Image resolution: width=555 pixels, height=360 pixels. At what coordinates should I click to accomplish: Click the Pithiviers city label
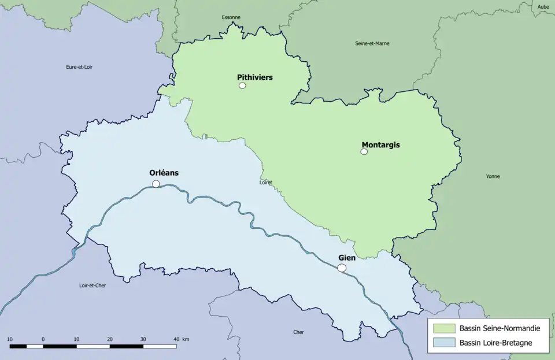coord(254,77)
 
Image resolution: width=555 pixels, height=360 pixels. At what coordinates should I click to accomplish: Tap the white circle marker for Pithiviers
coord(242,86)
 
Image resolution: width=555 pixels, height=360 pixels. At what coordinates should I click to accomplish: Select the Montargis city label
coord(380,144)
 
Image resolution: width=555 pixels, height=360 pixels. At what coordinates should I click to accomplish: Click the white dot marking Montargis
coord(364,151)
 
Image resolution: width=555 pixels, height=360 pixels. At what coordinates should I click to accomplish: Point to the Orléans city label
coord(164,172)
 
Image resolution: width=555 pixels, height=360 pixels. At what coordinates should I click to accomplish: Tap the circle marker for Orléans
coord(156,184)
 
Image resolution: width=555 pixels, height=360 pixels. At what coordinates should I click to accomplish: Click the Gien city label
coord(347,258)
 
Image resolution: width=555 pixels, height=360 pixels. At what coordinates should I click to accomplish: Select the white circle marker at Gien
coord(342,268)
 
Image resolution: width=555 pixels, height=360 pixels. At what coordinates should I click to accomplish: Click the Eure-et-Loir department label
coord(79,67)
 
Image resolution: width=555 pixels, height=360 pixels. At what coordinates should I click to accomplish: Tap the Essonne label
coord(231,17)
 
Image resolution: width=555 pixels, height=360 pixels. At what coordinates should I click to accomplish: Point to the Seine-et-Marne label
coord(372,43)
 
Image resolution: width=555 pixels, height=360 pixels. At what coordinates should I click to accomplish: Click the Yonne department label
coord(493,176)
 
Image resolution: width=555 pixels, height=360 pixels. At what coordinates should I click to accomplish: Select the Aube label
coord(543,7)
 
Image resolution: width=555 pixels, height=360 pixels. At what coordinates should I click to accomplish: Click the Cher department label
coord(298,332)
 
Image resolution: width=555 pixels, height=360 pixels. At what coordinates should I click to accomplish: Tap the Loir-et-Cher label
coord(92,285)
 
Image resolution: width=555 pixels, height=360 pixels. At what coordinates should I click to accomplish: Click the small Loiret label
coord(266,183)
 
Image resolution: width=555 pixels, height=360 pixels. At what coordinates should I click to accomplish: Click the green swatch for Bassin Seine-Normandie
coord(443,328)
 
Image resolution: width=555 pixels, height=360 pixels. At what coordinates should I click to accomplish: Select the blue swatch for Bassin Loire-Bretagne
coord(443,343)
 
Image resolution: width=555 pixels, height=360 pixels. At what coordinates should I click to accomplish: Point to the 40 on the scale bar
coord(176,339)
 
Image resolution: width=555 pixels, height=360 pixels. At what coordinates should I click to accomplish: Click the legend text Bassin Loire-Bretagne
coord(495,343)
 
